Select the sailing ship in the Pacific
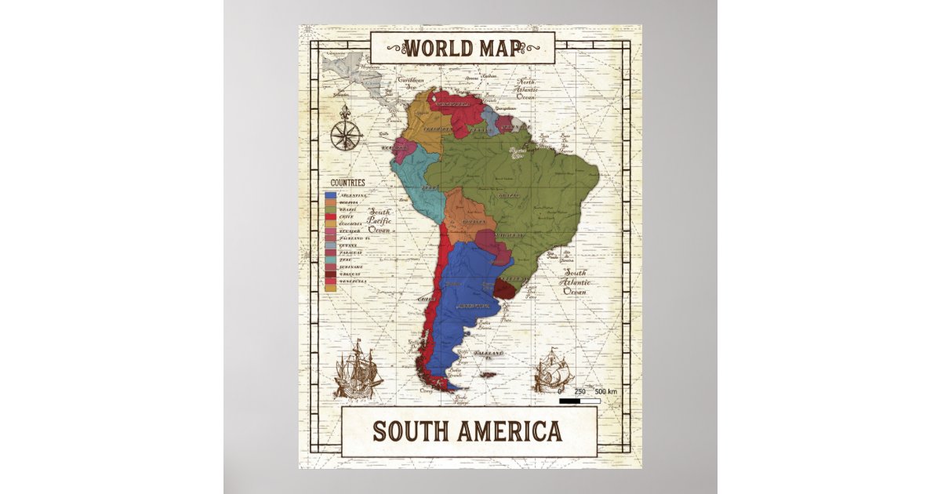pos(358,369)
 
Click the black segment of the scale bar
pos(570,401)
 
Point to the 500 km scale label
pos(606,391)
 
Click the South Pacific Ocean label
pos(380,221)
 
